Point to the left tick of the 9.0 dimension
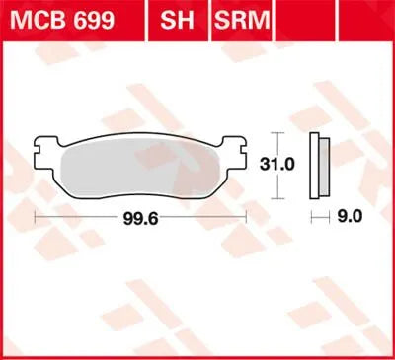point(311,212)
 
